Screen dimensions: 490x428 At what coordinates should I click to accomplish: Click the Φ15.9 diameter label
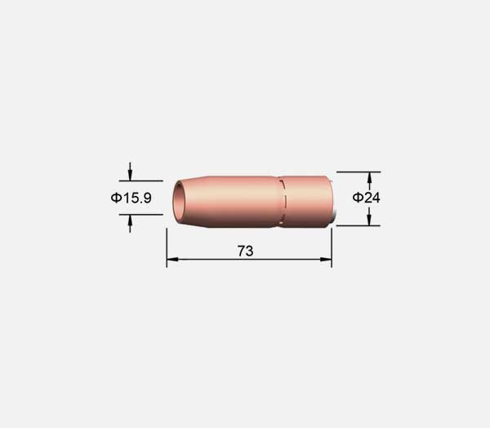coord(131,198)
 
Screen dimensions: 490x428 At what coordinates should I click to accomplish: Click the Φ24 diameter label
coord(366,198)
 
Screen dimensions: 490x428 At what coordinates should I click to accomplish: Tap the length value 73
coord(245,251)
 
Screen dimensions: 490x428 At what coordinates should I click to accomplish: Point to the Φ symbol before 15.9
coord(116,198)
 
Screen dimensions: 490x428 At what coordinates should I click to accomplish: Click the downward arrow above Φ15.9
coord(130,172)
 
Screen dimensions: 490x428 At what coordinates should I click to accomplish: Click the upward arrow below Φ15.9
coord(130,224)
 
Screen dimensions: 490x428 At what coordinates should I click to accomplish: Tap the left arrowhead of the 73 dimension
coord(172,259)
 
